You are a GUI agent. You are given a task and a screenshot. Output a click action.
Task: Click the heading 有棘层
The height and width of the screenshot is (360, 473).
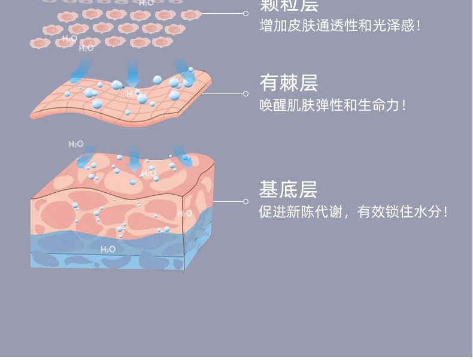point(289,83)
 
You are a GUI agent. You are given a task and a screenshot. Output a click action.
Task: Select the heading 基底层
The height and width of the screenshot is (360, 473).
point(288,190)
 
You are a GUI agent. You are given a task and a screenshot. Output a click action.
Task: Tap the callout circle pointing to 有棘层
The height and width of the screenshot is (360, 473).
point(245,93)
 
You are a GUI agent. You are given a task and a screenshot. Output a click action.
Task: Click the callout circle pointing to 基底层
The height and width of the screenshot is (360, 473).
point(245,201)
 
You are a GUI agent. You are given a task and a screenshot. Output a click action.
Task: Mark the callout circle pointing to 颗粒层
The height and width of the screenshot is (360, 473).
point(245,13)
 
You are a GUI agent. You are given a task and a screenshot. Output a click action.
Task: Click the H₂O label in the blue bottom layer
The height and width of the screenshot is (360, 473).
point(108,249)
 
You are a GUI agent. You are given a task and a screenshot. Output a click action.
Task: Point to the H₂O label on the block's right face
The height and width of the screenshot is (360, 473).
point(184,214)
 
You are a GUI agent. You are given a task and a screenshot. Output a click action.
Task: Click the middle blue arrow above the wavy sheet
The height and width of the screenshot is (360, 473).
point(133,75)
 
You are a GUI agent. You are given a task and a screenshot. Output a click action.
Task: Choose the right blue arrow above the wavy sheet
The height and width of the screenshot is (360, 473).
point(183,68)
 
